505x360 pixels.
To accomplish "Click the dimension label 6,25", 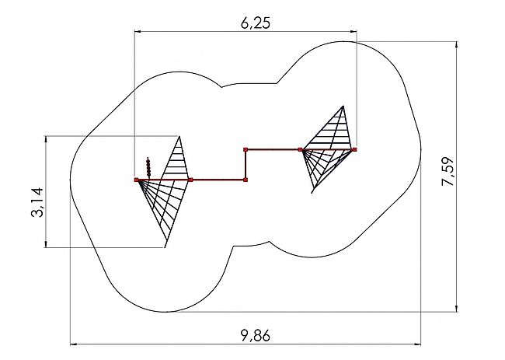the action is tap(256, 23).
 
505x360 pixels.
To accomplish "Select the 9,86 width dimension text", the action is tap(256, 336).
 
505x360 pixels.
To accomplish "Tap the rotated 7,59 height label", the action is tap(448, 172).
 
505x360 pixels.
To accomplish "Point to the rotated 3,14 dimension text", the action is tap(37, 202).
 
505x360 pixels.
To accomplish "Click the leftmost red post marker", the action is tap(136, 180).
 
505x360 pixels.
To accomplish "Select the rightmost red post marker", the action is tap(354, 149).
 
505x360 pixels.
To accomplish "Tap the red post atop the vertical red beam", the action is tap(246, 149).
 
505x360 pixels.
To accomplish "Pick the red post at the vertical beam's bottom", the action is tap(246, 180).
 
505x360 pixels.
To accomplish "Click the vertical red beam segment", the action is tap(246, 165).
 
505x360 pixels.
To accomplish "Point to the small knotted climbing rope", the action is tap(148, 166).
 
